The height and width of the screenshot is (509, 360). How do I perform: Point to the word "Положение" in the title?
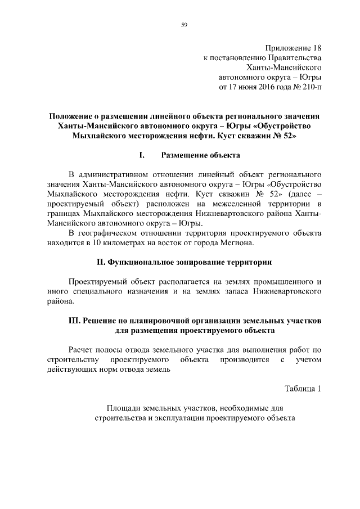point(70,115)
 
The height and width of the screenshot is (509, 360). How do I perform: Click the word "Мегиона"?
point(238,242)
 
